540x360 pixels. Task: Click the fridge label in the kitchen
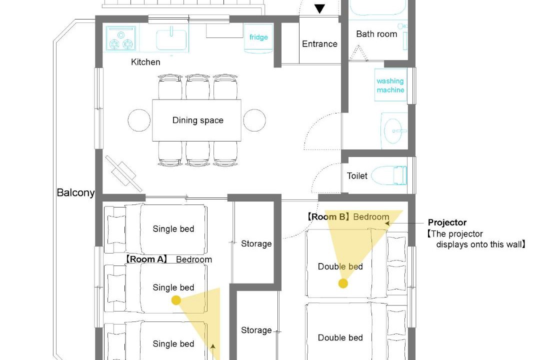point(258,37)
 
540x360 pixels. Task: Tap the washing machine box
point(391,85)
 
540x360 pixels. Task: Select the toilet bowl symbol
point(389,175)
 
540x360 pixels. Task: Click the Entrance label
point(319,44)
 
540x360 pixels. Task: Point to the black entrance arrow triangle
point(319,8)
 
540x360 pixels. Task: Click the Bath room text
point(376,34)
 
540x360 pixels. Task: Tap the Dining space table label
point(197,120)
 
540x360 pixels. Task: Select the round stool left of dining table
point(139,120)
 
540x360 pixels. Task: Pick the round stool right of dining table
point(254,120)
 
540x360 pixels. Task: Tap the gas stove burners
point(121,39)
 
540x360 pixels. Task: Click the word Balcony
point(76,192)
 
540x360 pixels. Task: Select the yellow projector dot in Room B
point(343,283)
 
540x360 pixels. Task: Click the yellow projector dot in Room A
point(176,300)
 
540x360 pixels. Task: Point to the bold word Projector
point(447,222)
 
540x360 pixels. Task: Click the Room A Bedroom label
point(168,259)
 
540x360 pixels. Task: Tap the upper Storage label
point(256,244)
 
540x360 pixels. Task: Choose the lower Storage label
point(256,330)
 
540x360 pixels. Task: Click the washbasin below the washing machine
point(392,131)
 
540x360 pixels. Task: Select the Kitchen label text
point(145,62)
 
